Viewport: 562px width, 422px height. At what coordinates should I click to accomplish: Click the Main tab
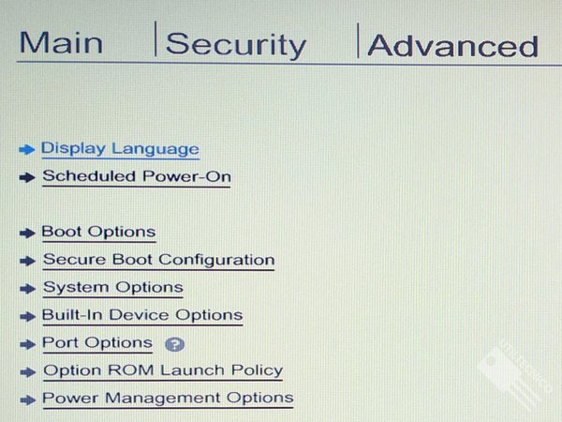61,43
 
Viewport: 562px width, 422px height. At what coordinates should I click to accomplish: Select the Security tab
236,45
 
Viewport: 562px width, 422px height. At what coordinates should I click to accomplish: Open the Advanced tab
453,46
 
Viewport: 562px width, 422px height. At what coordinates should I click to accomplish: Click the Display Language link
120,149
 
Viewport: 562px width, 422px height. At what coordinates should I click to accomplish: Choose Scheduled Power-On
137,176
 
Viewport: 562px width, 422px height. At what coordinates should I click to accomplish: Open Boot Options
98,232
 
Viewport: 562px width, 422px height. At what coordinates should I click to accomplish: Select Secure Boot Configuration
159,260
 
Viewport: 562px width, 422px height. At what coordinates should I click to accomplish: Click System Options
113,288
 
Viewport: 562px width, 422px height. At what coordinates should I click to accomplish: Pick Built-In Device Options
142,315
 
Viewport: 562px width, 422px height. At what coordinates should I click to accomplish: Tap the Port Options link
97,342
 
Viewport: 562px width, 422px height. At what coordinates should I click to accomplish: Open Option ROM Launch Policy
163,370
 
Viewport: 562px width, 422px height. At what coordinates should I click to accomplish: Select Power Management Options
168,398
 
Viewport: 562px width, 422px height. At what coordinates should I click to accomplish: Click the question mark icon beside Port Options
174,344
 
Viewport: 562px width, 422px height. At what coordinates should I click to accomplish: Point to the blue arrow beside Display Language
27,149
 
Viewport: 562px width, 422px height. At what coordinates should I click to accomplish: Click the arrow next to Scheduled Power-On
27,177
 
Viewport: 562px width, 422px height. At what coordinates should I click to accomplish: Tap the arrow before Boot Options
27,234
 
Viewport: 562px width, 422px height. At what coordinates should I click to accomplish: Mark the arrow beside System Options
27,289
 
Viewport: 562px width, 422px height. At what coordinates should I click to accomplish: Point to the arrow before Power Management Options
27,399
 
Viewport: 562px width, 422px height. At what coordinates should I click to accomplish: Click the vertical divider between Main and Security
155,38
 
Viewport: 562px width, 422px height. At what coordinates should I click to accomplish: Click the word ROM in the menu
130,370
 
